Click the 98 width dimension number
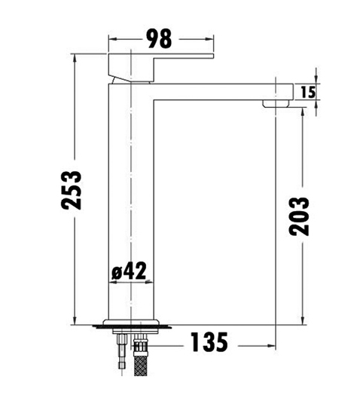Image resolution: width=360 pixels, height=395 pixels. tap(160, 38)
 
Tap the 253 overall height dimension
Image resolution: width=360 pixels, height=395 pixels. tap(72, 190)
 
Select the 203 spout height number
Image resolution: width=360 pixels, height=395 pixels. tap(299, 216)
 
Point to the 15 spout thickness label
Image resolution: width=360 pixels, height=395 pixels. tap(308, 92)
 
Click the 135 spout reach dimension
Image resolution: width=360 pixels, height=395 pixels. tap(209, 341)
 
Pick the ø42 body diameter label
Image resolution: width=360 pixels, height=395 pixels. tap(129, 271)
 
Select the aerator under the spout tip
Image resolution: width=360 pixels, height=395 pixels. tap(276, 103)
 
